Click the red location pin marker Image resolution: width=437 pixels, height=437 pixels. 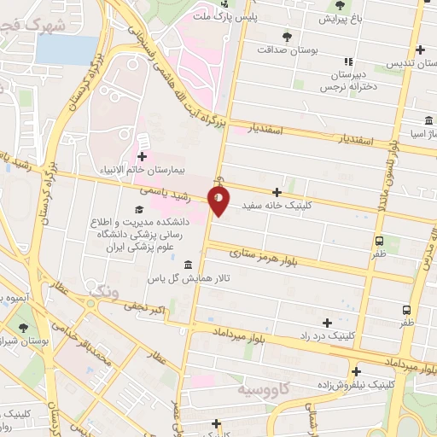219,201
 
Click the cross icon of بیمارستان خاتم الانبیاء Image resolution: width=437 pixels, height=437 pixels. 141,156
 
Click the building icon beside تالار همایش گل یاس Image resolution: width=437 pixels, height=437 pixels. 188,265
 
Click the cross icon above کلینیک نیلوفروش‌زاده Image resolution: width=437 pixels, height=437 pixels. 356,371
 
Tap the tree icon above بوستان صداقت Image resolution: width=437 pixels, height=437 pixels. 286,36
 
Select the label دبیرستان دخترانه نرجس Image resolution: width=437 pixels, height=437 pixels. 348,80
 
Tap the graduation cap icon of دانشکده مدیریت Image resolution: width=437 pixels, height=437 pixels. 139,210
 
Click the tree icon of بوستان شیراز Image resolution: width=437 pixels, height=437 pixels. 23,328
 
